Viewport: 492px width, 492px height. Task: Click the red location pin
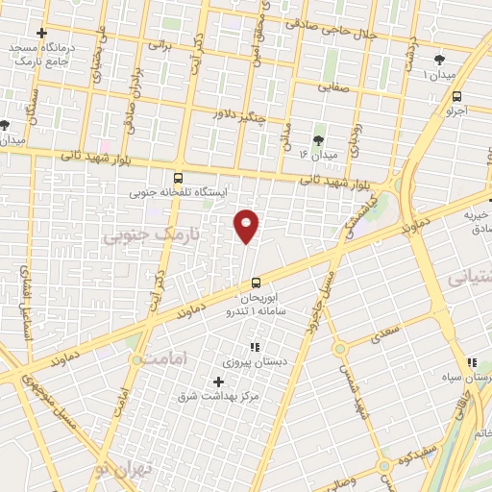click(x=247, y=226)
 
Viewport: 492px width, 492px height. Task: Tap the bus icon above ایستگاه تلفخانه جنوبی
click(x=177, y=178)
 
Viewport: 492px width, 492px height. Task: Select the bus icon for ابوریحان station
click(x=256, y=283)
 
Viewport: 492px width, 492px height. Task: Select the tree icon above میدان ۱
click(x=439, y=59)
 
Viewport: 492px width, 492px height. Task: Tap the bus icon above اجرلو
click(x=455, y=96)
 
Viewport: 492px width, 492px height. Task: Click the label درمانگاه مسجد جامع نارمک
click(x=38, y=53)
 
